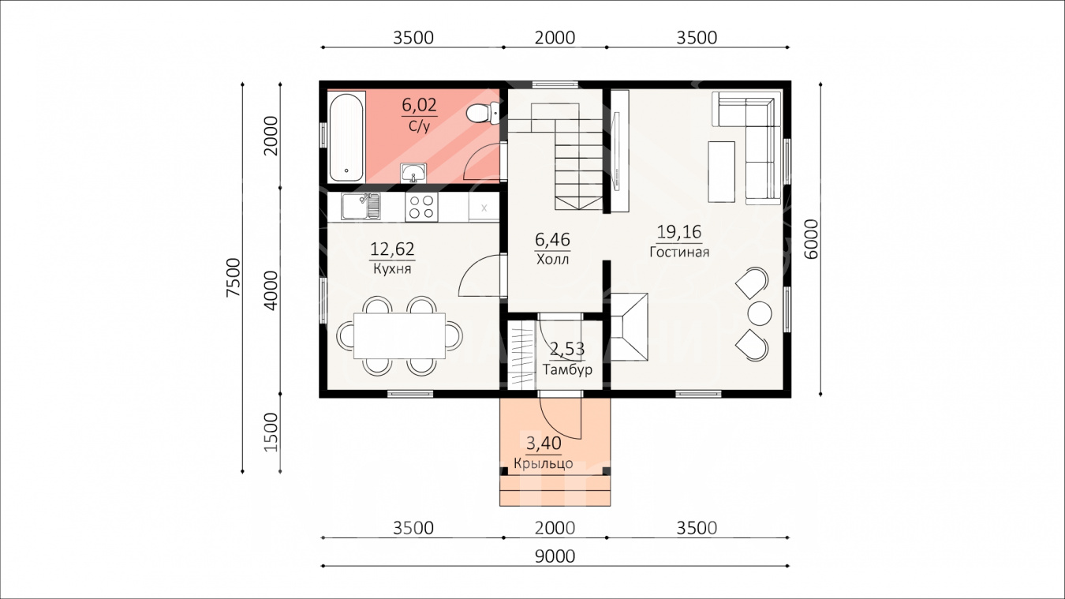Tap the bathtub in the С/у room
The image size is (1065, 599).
[346, 137]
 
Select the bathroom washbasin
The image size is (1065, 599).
[413, 173]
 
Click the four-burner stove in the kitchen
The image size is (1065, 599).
[422, 207]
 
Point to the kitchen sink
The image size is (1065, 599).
[361, 206]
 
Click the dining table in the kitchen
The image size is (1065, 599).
[399, 336]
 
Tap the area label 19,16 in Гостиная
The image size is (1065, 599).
[679, 232]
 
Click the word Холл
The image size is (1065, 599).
[552, 260]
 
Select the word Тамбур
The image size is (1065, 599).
[568, 369]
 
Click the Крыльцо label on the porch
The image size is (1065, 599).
[543, 463]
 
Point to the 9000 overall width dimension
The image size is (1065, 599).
[555, 556]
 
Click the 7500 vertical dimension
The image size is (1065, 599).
[234, 278]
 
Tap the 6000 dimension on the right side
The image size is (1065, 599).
[811, 239]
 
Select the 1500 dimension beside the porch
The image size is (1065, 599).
[271, 432]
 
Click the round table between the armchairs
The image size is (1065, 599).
[759, 313]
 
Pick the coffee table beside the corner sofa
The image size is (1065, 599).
[721, 172]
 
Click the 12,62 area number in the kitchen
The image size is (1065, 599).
[392, 249]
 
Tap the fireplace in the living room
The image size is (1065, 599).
[629, 328]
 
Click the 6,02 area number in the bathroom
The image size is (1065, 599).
[420, 105]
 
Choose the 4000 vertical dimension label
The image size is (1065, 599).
[271, 290]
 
